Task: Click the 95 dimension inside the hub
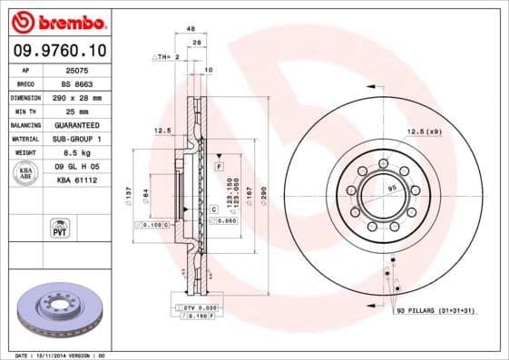(x=392, y=188)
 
